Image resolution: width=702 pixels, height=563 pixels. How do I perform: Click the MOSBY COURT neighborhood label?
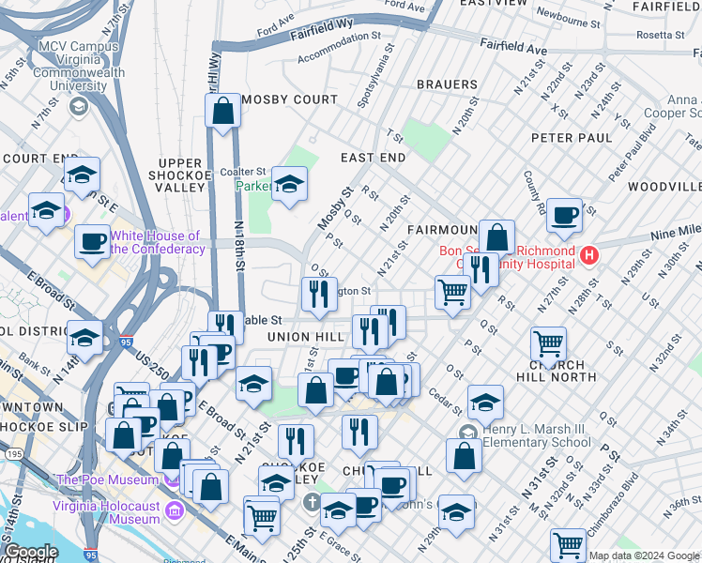click(289, 99)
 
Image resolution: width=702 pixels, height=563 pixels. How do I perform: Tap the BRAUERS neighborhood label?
click(447, 84)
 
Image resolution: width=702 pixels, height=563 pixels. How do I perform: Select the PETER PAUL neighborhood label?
click(572, 138)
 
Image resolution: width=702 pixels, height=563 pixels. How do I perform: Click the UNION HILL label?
click(300, 337)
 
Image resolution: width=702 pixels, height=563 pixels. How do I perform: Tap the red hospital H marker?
click(589, 254)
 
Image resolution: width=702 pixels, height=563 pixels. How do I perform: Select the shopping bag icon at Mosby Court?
click(223, 111)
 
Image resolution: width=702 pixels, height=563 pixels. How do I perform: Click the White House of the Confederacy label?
click(157, 242)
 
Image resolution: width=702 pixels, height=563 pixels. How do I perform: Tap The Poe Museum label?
click(109, 479)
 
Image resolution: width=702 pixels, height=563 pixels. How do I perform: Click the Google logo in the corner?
click(31, 552)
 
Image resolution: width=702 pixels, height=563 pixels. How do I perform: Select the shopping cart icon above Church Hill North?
click(548, 343)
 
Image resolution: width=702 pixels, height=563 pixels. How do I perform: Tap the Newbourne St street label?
click(569, 20)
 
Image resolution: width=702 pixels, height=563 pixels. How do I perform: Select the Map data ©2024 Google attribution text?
click(644, 555)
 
